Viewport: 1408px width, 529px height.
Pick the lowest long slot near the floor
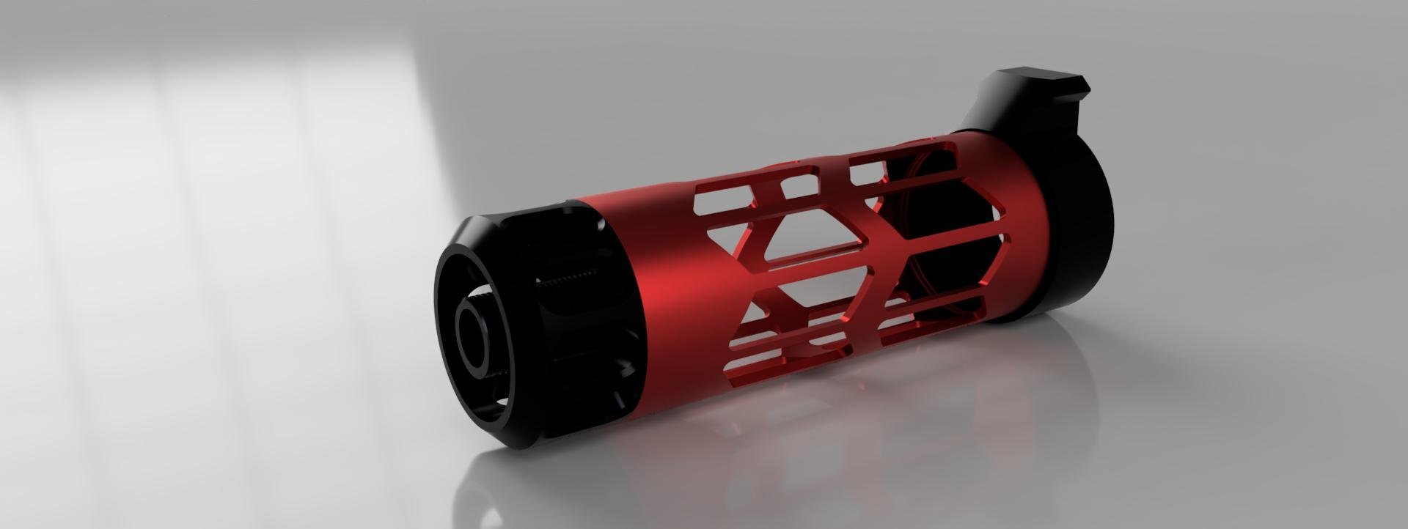(733, 366)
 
